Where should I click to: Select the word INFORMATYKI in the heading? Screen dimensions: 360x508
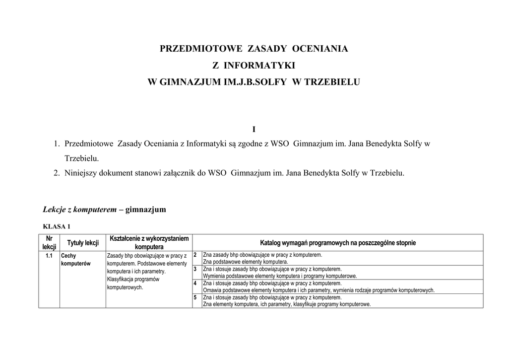pos(259,65)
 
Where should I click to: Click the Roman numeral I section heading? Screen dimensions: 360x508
pos(254,130)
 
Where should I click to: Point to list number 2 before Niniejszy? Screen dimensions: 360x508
pos(57,173)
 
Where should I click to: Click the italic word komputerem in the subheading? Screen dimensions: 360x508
pos(94,210)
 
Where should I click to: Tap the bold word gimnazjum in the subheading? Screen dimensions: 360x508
pos(146,210)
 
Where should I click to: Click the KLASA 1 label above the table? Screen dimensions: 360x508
pos(57,227)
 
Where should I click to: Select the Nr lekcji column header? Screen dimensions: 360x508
pos(49,243)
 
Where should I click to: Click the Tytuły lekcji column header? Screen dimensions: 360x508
pos(83,243)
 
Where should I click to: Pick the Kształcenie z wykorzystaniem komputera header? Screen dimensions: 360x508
pos(149,243)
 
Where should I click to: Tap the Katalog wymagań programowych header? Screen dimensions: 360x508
pos(338,243)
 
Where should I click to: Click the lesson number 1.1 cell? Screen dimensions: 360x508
pos(49,256)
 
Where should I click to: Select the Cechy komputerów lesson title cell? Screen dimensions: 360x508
pos(75,260)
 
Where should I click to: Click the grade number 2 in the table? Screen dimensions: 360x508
pos(195,255)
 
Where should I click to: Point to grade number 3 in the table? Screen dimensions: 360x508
pos(195,269)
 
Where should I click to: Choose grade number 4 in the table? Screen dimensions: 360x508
pos(195,283)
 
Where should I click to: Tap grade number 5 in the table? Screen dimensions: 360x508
pos(195,297)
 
